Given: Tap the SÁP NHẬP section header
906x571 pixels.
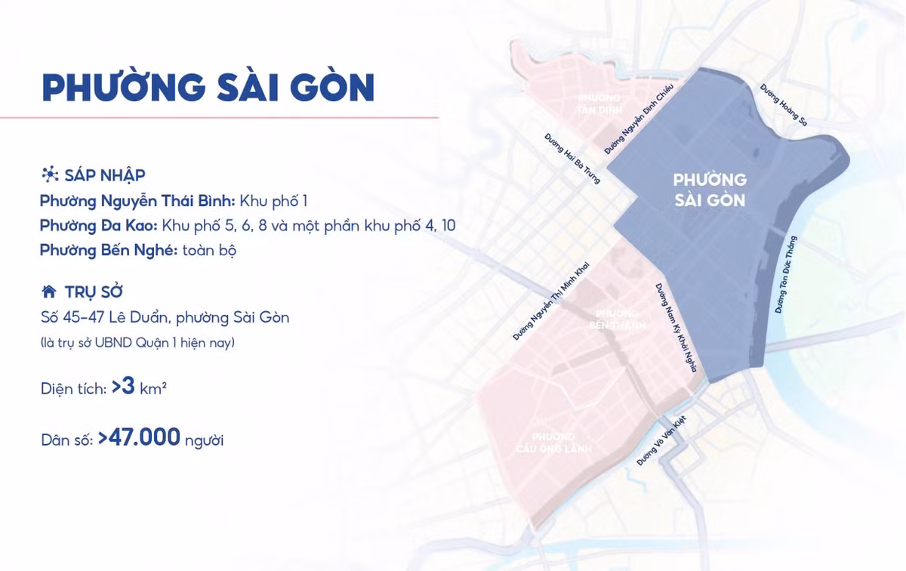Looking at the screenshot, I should tap(105, 175).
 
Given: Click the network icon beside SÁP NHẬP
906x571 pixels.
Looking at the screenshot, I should tap(50, 175).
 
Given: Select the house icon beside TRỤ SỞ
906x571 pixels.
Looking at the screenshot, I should tap(49, 292).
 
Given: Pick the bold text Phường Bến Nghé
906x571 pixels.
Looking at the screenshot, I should tap(108, 250).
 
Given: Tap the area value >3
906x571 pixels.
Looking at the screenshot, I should tap(123, 387).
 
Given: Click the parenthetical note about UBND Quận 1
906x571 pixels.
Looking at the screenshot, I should tap(137, 343).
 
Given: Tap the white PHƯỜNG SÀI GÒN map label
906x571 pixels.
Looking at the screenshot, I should tap(709, 190).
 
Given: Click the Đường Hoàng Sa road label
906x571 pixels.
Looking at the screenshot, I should tap(783, 106).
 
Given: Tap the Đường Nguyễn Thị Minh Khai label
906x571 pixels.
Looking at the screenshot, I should tap(550, 302).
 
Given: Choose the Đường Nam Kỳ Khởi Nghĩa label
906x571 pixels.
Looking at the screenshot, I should tap(676, 329).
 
